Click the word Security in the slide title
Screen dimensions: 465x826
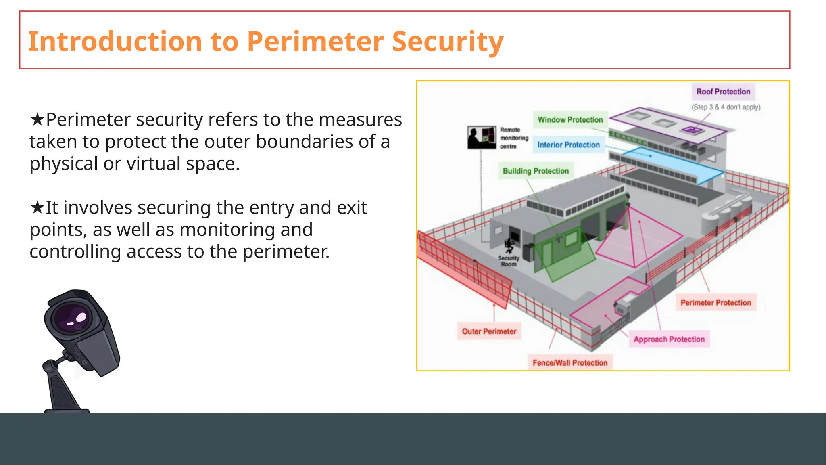click(x=447, y=42)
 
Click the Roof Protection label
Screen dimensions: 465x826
click(x=723, y=92)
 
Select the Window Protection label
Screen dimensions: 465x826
click(x=570, y=120)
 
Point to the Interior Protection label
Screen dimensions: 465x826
click(x=568, y=145)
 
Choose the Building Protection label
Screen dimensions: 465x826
click(x=536, y=171)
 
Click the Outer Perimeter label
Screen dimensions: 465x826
click(x=489, y=331)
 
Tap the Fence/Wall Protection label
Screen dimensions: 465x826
click(x=570, y=363)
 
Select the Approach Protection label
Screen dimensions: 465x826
click(x=669, y=339)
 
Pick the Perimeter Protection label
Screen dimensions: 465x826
click(x=715, y=303)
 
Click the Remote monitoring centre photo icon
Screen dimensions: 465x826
click(x=482, y=138)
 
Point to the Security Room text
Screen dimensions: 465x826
click(x=509, y=261)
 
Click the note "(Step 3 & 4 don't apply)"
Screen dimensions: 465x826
click(x=726, y=107)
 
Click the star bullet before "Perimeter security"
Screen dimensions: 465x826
click(x=37, y=120)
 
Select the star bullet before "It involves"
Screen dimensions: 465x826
click(x=37, y=208)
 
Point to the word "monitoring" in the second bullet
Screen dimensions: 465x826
click(x=246, y=230)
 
